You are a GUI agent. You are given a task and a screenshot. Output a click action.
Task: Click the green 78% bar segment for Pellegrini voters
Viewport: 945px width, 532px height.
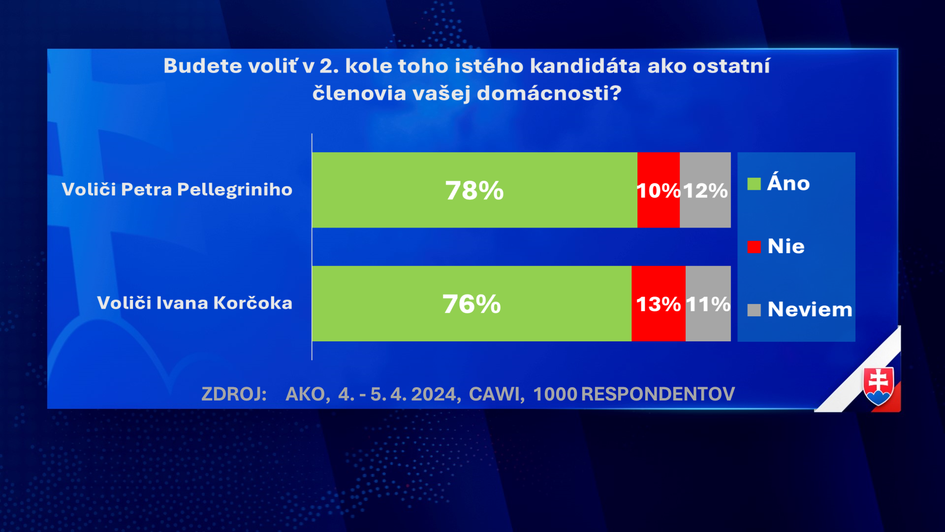pos(474,190)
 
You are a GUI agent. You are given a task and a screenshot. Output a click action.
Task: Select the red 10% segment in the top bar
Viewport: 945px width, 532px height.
pos(659,190)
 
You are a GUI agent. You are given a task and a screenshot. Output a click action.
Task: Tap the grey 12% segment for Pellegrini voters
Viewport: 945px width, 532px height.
pos(705,190)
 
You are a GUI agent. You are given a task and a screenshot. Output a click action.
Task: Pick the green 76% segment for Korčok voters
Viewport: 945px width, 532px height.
pos(472,303)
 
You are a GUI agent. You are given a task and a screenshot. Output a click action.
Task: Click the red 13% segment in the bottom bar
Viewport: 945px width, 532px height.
pos(659,303)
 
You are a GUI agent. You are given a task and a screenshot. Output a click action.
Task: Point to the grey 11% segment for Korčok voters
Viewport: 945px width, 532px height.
pos(708,303)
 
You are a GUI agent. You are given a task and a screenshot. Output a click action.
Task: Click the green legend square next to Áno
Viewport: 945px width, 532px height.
pos(754,184)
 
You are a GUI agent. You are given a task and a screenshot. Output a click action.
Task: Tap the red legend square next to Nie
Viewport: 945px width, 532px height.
pos(754,247)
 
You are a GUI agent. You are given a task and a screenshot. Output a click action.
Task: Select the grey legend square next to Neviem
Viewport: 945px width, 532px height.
pos(754,310)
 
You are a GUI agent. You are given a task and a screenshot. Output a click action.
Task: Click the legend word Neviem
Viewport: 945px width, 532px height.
pos(810,310)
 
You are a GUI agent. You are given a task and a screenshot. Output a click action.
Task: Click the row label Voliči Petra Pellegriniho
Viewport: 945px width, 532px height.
pos(177,190)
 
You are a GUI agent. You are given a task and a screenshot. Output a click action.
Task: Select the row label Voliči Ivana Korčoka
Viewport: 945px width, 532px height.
pos(195,303)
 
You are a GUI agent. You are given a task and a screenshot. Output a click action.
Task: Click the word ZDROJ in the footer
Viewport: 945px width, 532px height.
pos(234,394)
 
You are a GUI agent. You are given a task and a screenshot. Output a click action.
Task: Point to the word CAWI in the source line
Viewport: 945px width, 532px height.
pos(497,394)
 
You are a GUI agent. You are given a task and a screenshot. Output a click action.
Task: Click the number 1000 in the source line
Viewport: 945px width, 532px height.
pos(555,394)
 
